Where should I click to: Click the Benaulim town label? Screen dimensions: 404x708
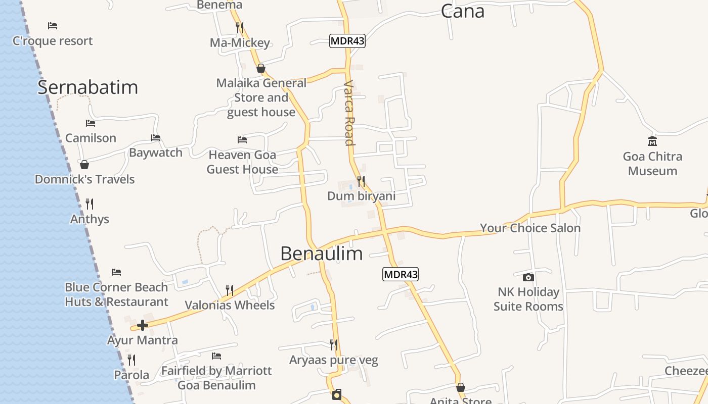click(x=321, y=254)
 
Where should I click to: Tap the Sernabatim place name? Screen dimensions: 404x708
click(x=87, y=87)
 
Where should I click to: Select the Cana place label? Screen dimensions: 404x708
click(x=462, y=11)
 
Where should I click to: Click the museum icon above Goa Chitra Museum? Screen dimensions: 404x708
click(x=652, y=141)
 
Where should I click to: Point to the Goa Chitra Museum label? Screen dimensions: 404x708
click(x=652, y=164)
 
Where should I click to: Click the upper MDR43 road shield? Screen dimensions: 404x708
click(x=347, y=41)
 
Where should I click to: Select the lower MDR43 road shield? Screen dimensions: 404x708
click(x=400, y=274)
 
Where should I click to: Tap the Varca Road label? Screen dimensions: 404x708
click(x=349, y=113)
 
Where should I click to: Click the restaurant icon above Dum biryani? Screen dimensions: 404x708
click(x=361, y=181)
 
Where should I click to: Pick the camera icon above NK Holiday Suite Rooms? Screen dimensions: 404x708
click(x=528, y=277)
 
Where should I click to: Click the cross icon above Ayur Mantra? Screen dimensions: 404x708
click(x=143, y=325)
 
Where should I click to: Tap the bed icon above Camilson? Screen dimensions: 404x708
click(x=91, y=123)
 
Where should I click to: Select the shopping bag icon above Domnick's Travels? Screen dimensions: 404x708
click(x=84, y=165)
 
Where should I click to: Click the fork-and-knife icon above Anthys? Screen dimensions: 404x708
click(x=90, y=204)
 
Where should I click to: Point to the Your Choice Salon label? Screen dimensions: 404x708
click(x=530, y=228)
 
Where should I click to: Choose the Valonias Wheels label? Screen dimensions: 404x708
click(x=230, y=305)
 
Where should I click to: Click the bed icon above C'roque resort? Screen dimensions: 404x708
click(x=53, y=26)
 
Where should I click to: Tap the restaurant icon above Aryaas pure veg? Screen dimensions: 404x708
click(x=334, y=345)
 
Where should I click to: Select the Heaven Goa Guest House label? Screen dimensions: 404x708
click(x=242, y=162)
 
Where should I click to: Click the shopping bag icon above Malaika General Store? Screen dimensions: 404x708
click(x=261, y=68)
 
